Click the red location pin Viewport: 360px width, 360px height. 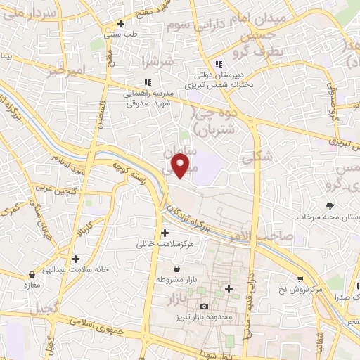(x=181, y=165)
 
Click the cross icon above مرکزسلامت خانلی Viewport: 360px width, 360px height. (x=165, y=233)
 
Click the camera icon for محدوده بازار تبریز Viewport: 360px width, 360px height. (x=205, y=307)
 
